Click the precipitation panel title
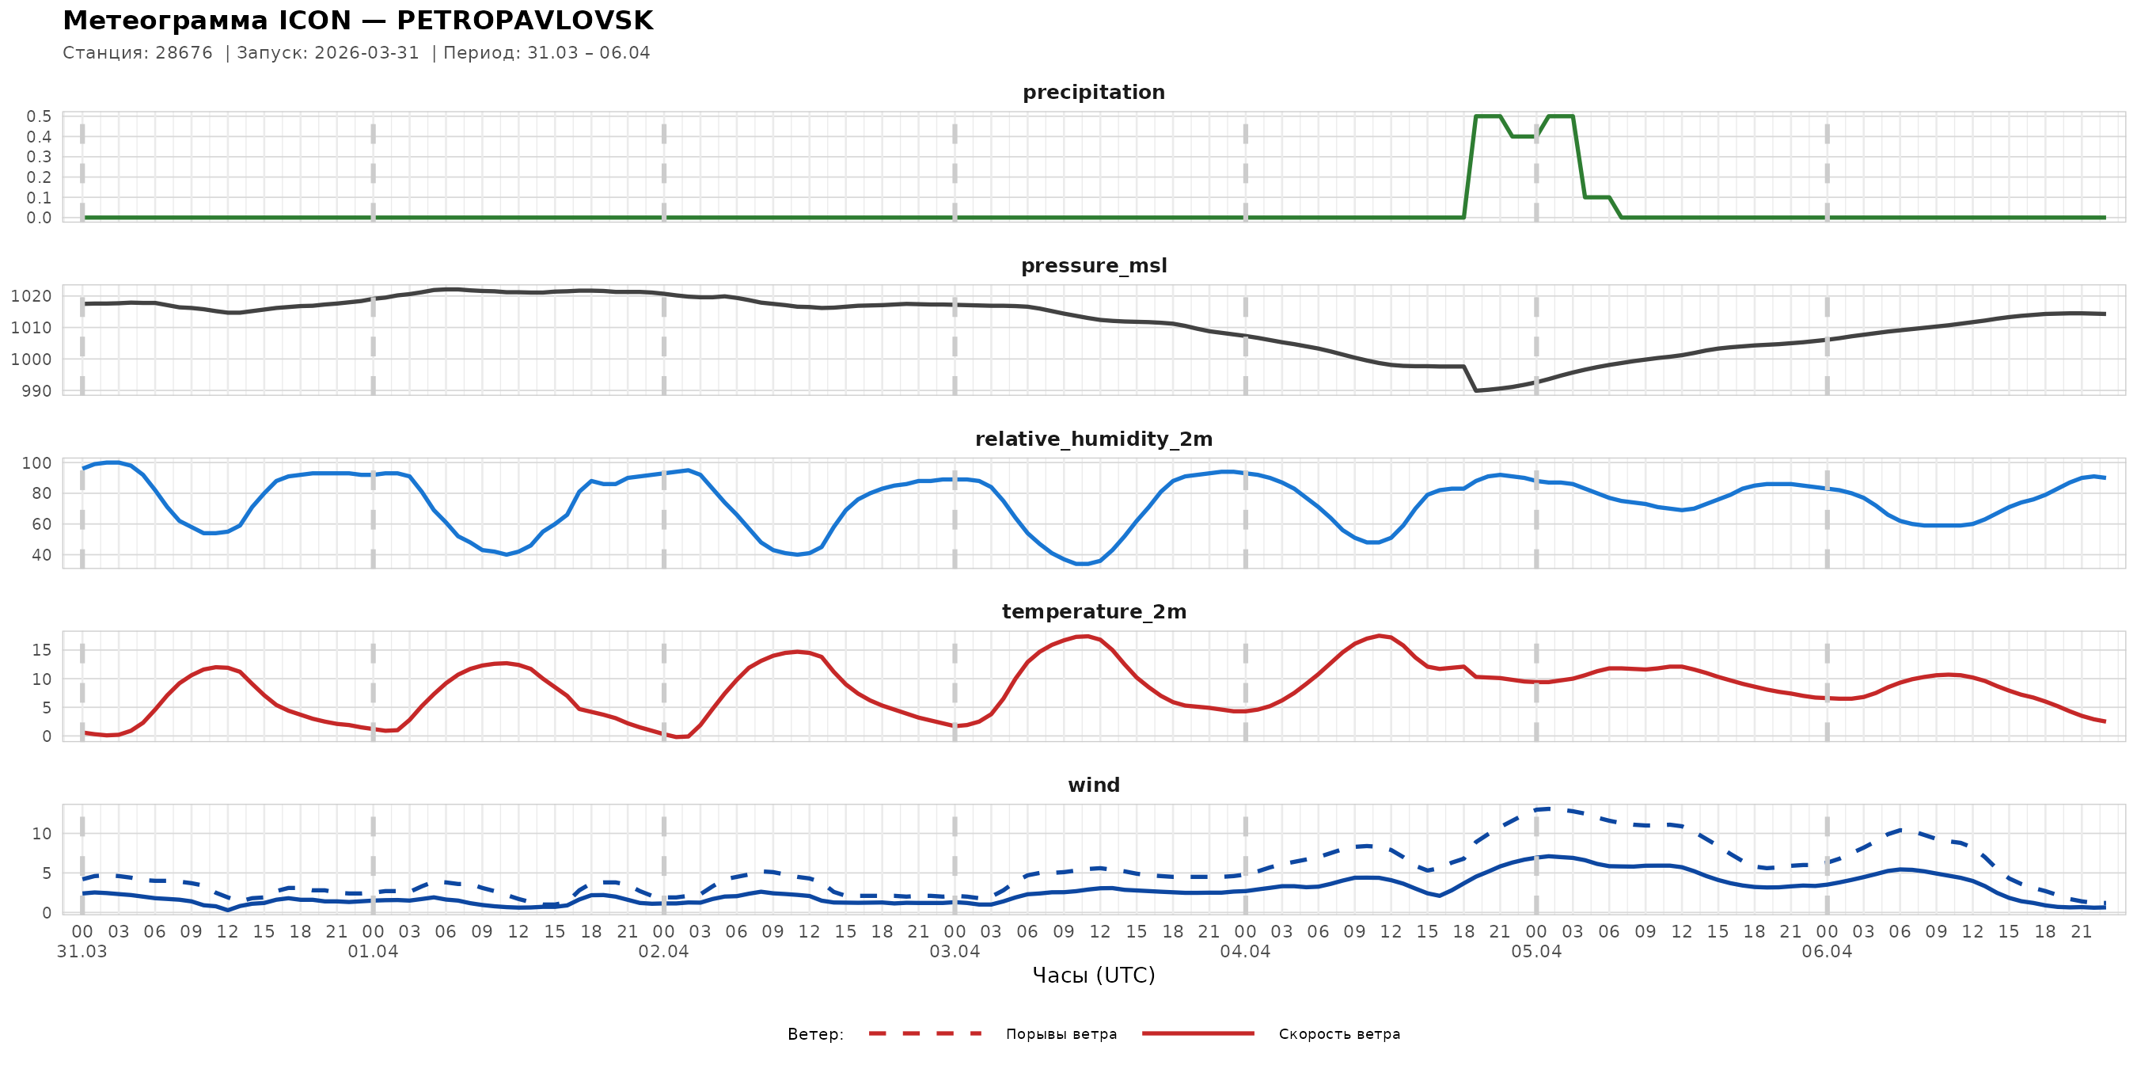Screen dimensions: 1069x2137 (1093, 92)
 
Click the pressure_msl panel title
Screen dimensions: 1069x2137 (1093, 265)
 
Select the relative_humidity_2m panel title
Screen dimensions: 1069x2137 (1093, 439)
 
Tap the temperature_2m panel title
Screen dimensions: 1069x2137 (1093, 611)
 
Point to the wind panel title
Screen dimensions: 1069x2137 (1093, 786)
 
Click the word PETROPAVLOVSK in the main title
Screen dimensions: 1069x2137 (524, 21)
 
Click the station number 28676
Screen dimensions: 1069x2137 (184, 53)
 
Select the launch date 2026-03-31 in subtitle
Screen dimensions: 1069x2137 (366, 53)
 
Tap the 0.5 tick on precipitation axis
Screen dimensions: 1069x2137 (39, 116)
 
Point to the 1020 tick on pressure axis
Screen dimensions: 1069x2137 (31, 296)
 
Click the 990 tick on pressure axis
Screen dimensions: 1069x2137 (36, 391)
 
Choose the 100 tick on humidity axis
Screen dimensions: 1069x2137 (36, 463)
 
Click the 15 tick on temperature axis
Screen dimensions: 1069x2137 (41, 650)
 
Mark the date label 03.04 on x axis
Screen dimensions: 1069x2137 (954, 952)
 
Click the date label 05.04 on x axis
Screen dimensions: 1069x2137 (1535, 952)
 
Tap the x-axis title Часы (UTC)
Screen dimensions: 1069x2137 (1093, 976)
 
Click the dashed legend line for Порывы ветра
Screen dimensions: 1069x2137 (925, 1034)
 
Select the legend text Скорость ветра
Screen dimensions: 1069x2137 (1339, 1034)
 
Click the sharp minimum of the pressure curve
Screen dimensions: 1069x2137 (1476, 390)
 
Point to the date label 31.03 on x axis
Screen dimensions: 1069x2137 (82, 952)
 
